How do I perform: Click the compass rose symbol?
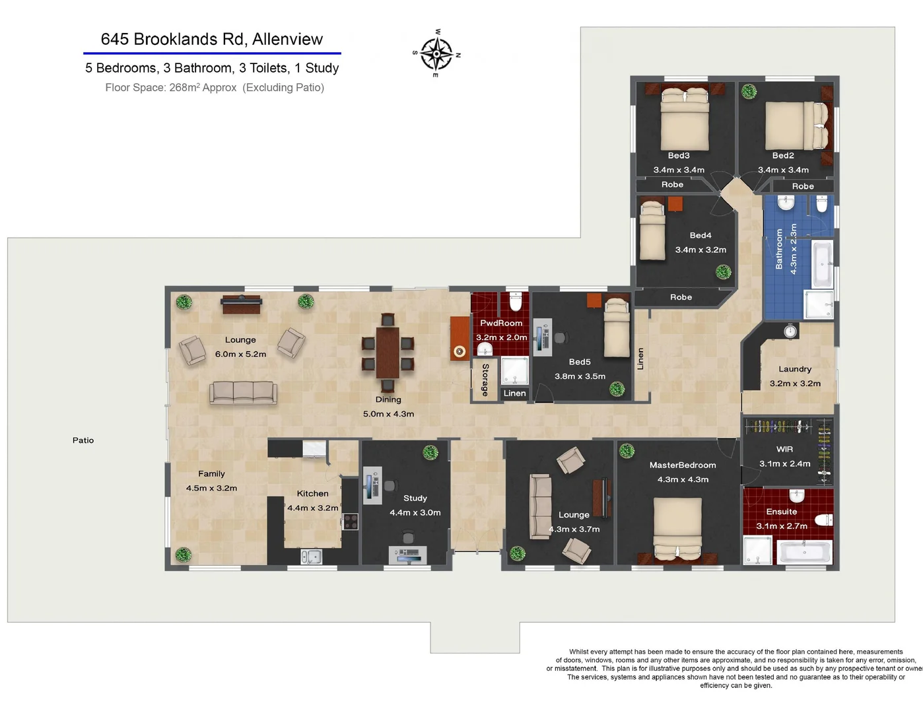point(436,53)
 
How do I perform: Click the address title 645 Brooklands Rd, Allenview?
point(211,39)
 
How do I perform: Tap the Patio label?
point(83,440)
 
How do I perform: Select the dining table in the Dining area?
point(388,353)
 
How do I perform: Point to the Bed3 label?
point(678,156)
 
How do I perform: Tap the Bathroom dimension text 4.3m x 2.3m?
point(794,249)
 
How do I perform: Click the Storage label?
point(485,380)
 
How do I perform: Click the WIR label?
point(784,449)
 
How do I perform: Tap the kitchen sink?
point(311,557)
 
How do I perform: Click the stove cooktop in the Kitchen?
point(351,521)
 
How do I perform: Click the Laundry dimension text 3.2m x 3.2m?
point(795,384)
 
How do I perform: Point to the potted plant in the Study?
point(430,452)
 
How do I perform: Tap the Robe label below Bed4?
point(681,297)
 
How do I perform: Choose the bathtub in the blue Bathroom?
point(822,264)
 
